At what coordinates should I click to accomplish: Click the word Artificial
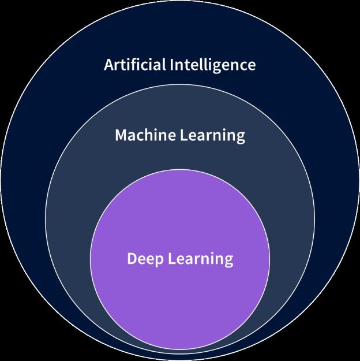[x=134, y=64]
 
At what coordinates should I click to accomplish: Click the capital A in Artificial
[x=108, y=64]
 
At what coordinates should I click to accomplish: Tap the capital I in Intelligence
[x=172, y=64]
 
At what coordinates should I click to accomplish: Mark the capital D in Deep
[x=132, y=258]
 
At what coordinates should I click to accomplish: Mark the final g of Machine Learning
[x=240, y=138]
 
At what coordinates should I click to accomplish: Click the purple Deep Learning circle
[x=180, y=300]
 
